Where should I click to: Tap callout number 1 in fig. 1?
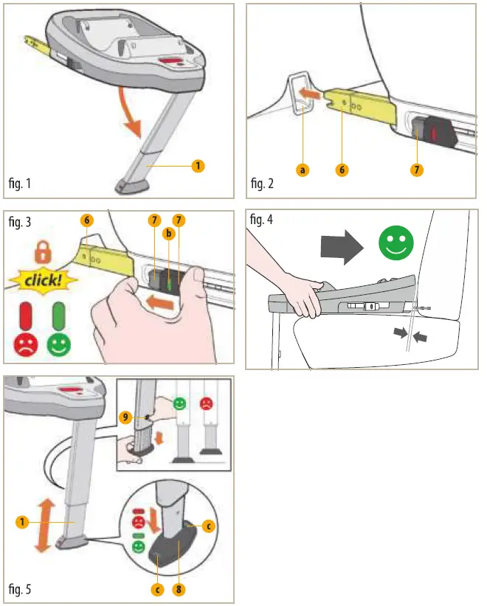point(198,166)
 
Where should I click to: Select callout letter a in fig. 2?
point(302,170)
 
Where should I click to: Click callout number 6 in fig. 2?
point(342,170)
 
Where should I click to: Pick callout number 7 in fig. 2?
point(418,170)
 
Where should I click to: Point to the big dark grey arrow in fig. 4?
point(341,245)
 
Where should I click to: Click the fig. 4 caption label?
point(263,219)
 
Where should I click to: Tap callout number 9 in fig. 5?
point(125,417)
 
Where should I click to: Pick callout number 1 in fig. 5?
point(22,522)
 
